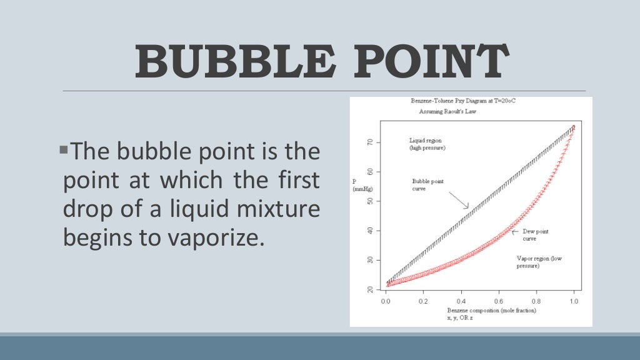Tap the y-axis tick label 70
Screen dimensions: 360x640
click(370, 142)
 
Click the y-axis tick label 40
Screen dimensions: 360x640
click(370, 231)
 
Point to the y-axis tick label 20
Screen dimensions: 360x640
click(370, 289)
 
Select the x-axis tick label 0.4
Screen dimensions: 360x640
click(461, 301)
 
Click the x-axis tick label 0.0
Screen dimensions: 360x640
click(386, 301)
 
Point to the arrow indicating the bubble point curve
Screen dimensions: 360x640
click(459, 199)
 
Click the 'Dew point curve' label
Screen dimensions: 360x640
click(535, 234)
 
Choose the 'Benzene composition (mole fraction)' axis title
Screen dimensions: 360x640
click(491, 310)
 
